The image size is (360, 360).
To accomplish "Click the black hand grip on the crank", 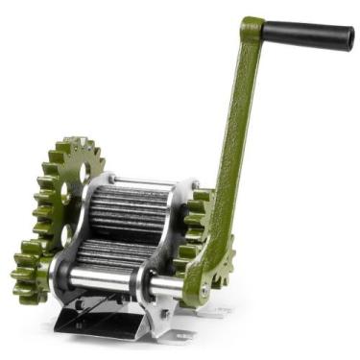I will coord(307,36).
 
